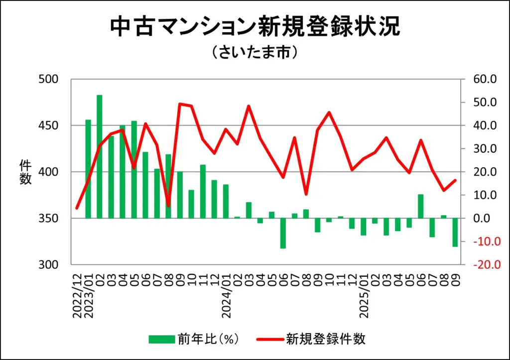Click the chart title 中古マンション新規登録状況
(x=255, y=27)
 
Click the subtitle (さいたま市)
(x=255, y=53)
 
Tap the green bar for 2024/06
(x=283, y=233)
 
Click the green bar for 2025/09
(x=455, y=232)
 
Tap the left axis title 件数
(x=25, y=172)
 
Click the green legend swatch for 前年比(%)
(x=161, y=340)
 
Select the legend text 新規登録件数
(x=326, y=340)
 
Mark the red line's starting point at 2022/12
(x=77, y=208)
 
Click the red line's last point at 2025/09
(x=455, y=180)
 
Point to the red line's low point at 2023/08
(x=168, y=206)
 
